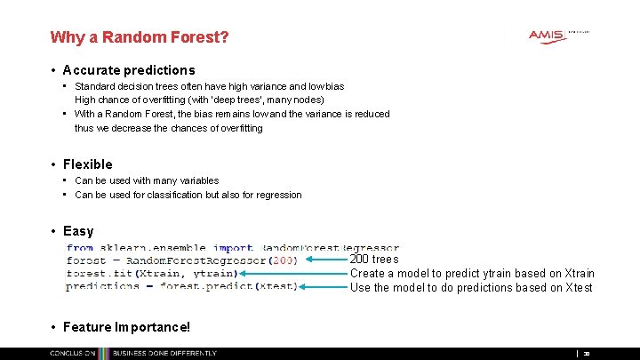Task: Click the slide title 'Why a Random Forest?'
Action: pos(140,37)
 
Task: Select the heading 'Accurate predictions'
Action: pos(129,70)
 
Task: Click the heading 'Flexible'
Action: pos(88,164)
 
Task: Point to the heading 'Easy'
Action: pos(78,232)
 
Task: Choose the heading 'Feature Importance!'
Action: pos(126,327)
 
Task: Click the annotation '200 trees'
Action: pos(374,260)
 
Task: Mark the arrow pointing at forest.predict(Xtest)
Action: pos(324,287)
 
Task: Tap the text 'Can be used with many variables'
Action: pos(147,180)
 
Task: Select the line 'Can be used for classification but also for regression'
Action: pos(188,195)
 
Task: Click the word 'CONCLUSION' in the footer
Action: pos(73,353)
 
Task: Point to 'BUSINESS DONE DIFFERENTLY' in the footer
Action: pos(164,353)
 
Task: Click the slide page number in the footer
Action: pos(587,353)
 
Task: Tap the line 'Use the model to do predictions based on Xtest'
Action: pos(471,287)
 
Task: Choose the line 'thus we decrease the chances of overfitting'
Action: pos(169,128)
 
